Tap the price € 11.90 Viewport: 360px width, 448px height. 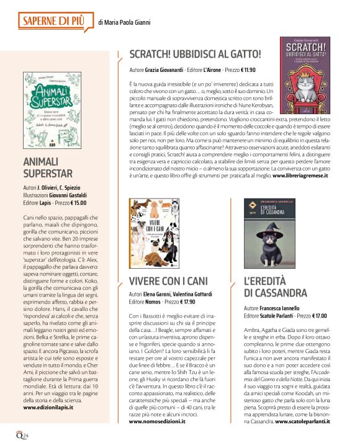pos(236,70)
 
